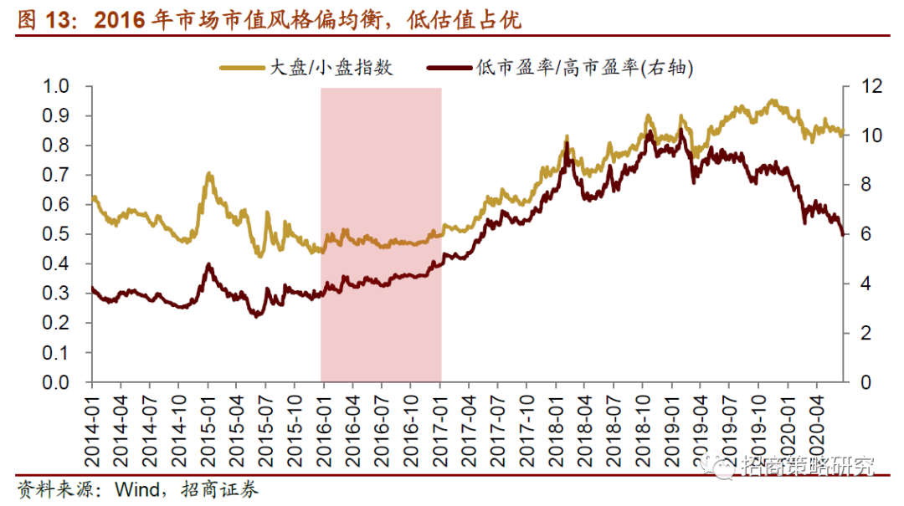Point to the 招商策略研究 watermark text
pyautogui.click(x=807, y=465)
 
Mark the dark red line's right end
pyautogui.click(x=843, y=235)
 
